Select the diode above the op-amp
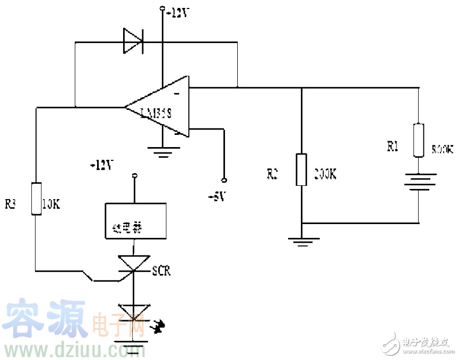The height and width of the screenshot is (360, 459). tap(133, 40)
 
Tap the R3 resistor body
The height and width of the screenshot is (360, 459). tap(36, 198)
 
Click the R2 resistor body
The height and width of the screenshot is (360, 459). tap(301, 169)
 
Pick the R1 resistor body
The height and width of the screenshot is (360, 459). tap(419, 140)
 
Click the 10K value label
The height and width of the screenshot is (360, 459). tap(51, 204)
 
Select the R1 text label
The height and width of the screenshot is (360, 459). tap(393, 147)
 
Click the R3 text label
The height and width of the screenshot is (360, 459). tap(11, 204)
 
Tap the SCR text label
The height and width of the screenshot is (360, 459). tap(161, 271)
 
